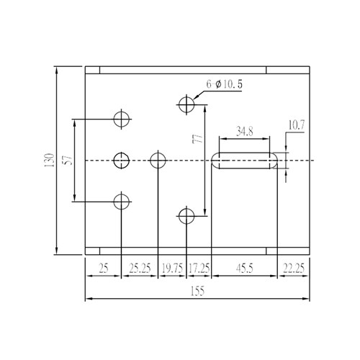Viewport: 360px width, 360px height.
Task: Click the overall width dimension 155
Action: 198,291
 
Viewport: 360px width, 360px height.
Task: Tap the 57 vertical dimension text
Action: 67,160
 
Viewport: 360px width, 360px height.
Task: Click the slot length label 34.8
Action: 245,132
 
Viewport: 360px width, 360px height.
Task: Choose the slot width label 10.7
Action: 296,125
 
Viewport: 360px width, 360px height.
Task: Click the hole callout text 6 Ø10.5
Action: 224,84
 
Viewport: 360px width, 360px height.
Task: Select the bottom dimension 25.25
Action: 139,269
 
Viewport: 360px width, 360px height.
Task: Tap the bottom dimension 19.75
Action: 171,269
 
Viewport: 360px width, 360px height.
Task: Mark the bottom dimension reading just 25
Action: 103,269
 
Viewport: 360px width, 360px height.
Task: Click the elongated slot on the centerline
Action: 245,160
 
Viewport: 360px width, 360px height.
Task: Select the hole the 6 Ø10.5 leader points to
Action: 186,105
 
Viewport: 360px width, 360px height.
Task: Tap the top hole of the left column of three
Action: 122,119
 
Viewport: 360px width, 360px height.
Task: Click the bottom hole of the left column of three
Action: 122,202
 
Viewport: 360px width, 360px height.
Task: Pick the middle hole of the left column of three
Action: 122,160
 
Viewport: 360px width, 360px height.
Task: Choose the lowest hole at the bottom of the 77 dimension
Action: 186,215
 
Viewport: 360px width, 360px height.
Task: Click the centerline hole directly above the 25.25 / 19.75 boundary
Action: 158,160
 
